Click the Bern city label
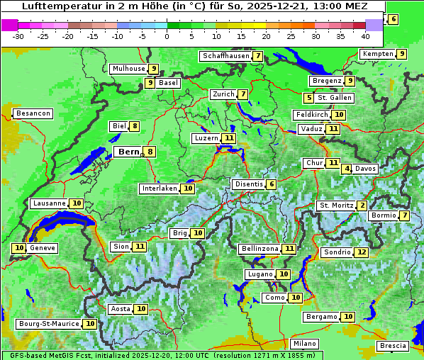[x=128, y=152]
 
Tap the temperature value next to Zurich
[x=243, y=94]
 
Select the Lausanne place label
[x=49, y=203]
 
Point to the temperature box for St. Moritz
[x=362, y=206]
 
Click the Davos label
[x=365, y=169]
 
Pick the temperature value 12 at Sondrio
[x=362, y=252]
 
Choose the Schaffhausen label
[x=225, y=56]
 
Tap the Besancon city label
[x=33, y=113]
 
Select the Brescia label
[x=393, y=346]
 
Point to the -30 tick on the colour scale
[x=18, y=36]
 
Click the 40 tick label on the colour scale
[x=365, y=36]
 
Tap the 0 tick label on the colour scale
[x=167, y=36]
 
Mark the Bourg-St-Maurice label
[x=48, y=324]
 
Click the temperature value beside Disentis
[x=272, y=184]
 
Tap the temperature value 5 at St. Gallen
[x=308, y=98]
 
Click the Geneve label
[x=43, y=248]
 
